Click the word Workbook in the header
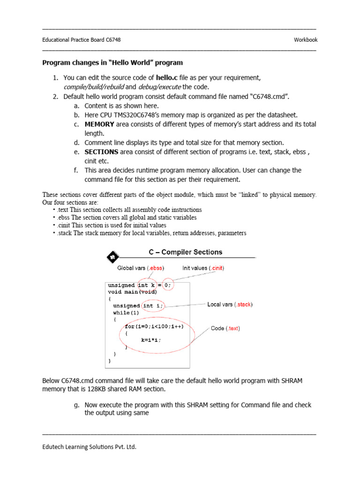coord(306,40)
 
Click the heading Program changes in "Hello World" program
coord(112,62)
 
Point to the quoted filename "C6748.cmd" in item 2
coord(271,97)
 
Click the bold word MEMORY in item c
coord(99,124)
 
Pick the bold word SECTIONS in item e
coord(101,152)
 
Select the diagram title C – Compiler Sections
coord(186,252)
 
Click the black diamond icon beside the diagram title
coord(112,256)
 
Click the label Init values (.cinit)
coord(203,268)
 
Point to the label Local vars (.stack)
coord(230,305)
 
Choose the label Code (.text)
coord(225,329)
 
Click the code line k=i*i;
coord(150,340)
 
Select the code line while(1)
coord(126,312)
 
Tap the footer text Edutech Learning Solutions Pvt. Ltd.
coord(89,447)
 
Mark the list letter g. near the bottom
coord(76,405)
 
